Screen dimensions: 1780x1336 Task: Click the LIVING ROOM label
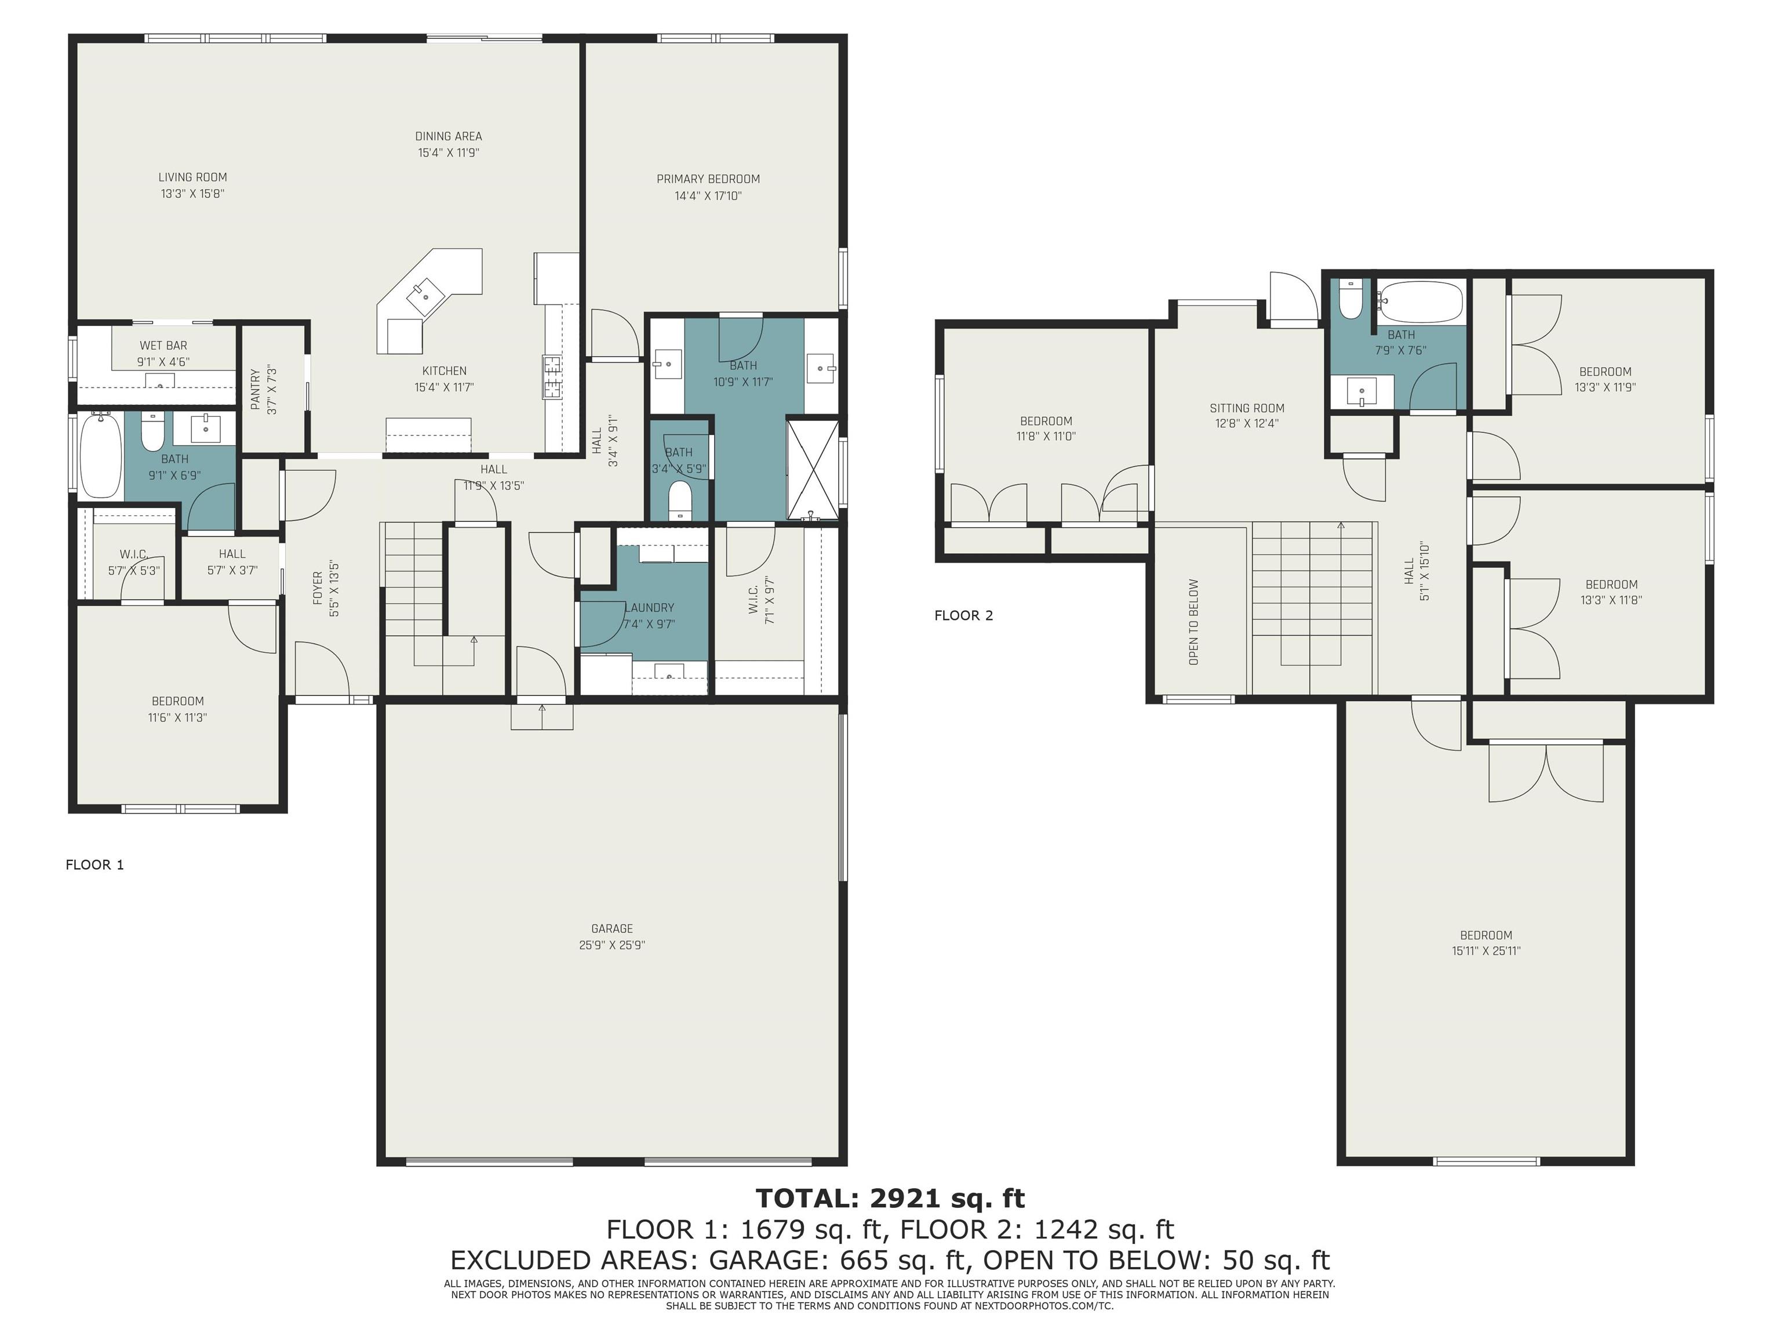(192, 177)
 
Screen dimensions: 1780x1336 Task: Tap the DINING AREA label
(448, 136)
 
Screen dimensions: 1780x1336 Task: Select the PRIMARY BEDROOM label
(708, 179)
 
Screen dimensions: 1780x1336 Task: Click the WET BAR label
(163, 345)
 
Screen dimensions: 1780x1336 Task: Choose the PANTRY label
(255, 390)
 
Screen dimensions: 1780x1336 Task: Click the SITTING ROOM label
(1247, 408)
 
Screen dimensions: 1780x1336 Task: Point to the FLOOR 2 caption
(963, 616)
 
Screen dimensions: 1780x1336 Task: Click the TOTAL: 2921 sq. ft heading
(890, 1199)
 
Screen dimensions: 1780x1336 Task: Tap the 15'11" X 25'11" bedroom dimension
(1486, 950)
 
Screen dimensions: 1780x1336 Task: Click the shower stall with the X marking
(812, 469)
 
